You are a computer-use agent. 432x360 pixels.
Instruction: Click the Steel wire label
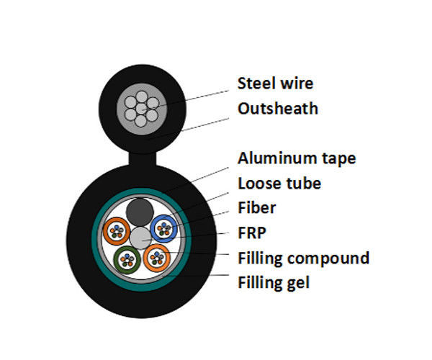point(276,84)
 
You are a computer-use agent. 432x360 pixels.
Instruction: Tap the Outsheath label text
point(278,109)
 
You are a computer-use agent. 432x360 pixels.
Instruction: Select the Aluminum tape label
point(297,158)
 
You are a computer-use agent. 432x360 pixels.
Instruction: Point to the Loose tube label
point(279,184)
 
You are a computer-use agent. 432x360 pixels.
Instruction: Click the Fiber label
point(257,208)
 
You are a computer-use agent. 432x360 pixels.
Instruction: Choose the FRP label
point(253,233)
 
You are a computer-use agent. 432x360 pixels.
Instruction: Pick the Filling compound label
point(303,258)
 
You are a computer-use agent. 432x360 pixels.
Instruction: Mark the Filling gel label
point(274,283)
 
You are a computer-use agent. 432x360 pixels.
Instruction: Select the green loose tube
point(127,258)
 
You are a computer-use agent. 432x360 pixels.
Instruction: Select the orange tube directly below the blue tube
point(157,257)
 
